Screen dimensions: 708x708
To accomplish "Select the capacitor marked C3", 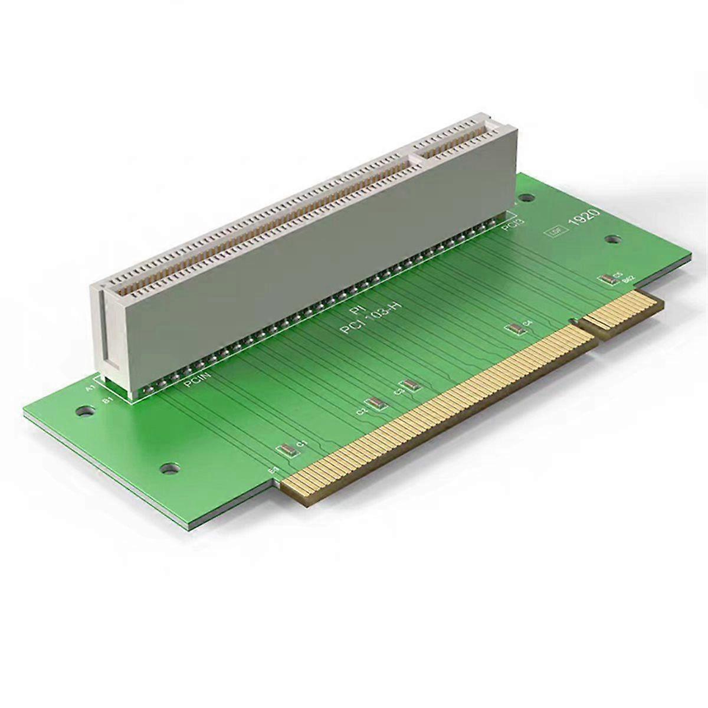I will [411, 385].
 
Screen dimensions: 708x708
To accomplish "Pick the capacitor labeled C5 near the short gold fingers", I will [605, 279].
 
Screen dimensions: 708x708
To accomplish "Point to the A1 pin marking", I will [90, 388].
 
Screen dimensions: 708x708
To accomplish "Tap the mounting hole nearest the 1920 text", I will [614, 239].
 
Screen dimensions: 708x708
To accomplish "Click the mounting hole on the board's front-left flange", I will [170, 469].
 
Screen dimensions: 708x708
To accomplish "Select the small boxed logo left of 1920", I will [554, 232].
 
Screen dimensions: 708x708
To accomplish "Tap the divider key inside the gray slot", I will [417, 157].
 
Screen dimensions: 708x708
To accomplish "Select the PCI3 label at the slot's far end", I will [509, 224].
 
